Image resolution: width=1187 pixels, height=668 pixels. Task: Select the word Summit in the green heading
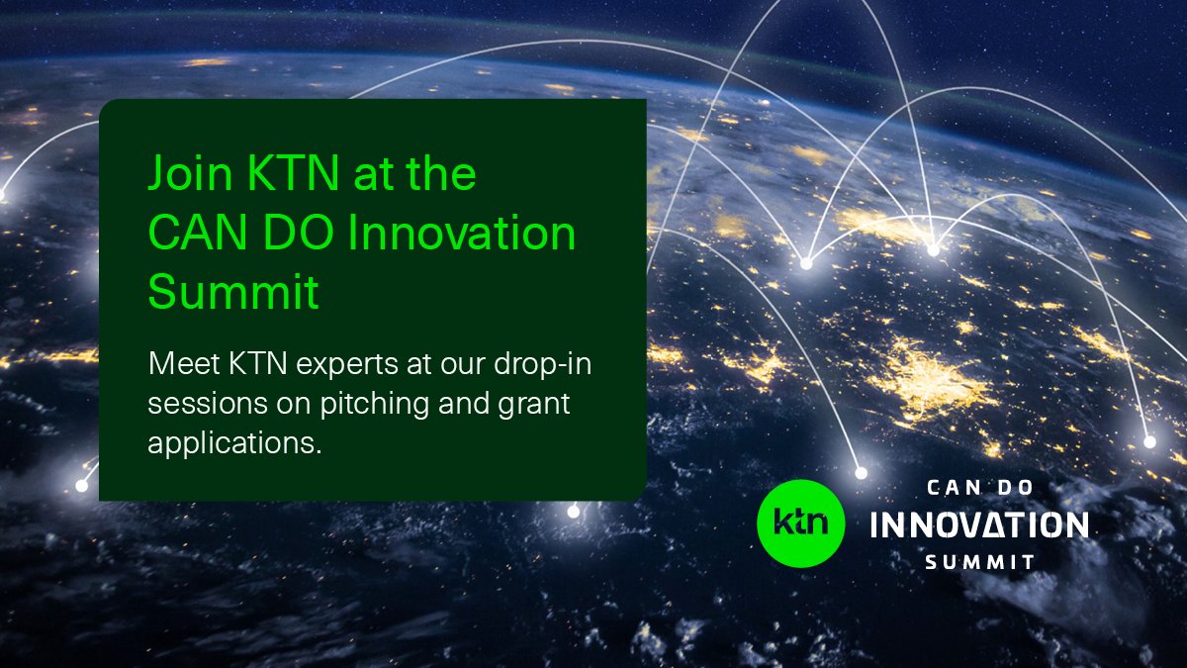click(233, 293)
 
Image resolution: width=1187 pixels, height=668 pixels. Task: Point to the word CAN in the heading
click(196, 235)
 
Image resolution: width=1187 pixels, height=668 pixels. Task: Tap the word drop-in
click(555, 365)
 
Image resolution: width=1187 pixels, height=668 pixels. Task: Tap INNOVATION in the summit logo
click(978, 525)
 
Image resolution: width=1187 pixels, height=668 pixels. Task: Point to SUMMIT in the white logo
click(979, 562)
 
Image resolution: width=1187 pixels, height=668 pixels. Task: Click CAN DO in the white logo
click(979, 487)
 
